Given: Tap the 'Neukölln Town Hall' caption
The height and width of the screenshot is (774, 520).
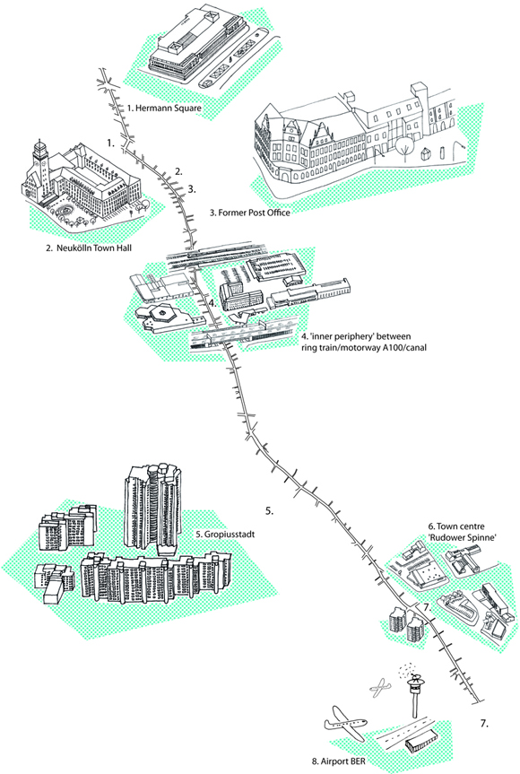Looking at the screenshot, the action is [x=94, y=248].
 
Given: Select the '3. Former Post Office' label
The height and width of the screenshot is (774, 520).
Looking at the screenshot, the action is [x=249, y=213].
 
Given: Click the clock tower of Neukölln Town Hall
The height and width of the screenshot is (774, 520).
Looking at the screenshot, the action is [x=39, y=163].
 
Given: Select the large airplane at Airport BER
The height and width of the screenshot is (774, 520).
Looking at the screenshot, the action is [x=345, y=724].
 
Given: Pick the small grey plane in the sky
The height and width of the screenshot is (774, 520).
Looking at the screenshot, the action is [x=379, y=688].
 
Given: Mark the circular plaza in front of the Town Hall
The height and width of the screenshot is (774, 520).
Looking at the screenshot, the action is [x=65, y=212].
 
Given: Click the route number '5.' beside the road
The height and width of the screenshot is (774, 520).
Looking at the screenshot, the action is [x=269, y=511].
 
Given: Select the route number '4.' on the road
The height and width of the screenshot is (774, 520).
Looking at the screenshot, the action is [x=212, y=302].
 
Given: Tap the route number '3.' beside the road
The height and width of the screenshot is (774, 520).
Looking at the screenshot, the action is [x=192, y=188].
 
